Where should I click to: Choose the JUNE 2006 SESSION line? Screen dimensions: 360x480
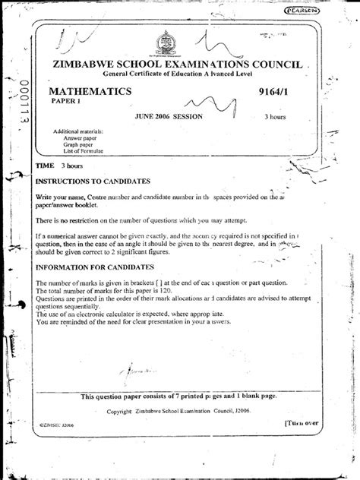point(170,118)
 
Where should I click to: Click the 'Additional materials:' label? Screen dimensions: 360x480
point(77,132)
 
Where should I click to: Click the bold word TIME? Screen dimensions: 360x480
point(45,164)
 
